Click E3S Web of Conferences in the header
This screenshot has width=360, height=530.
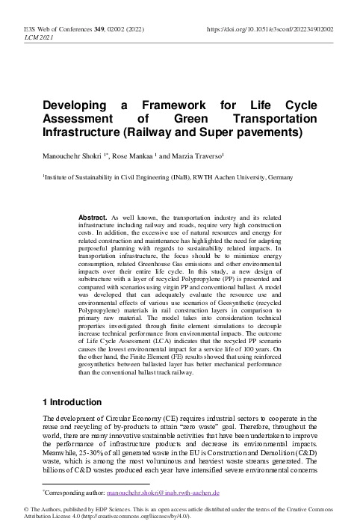pyautogui.click(x=52, y=29)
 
